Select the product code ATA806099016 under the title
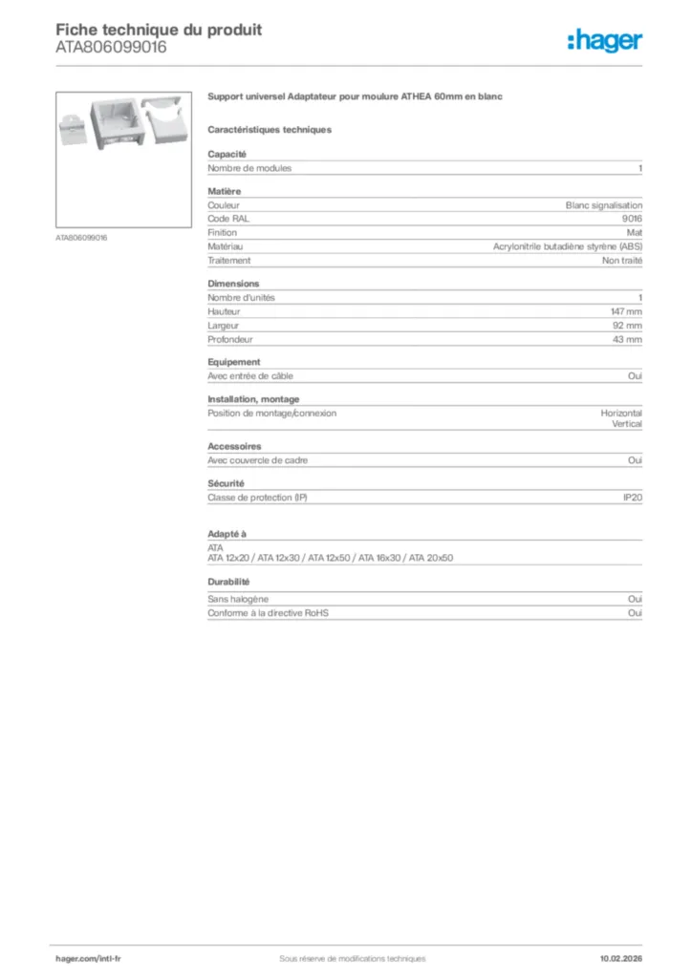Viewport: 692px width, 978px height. tap(111, 47)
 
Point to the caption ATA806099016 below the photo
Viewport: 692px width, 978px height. tap(81, 237)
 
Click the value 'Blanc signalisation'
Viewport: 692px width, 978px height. tap(604, 205)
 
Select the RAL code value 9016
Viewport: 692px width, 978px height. tap(632, 219)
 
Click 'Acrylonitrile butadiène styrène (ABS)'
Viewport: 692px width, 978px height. tap(568, 246)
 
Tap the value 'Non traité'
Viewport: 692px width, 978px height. tap(622, 260)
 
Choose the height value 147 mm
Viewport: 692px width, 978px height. tap(626, 311)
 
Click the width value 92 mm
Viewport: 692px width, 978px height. tap(628, 326)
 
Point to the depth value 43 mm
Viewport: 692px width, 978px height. tap(628, 339)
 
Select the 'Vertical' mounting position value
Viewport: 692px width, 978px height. tap(627, 423)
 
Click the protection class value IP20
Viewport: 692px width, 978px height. tap(633, 498)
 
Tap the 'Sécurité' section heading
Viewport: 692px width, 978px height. tap(227, 483)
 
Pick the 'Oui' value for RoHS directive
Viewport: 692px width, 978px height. tap(635, 613)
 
